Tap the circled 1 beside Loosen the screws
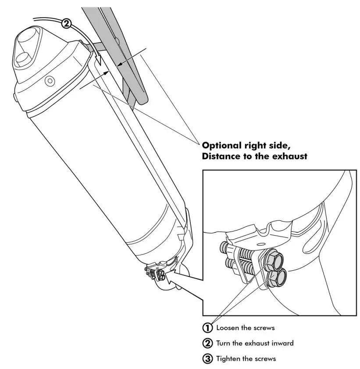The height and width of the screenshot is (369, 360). [x=207, y=327]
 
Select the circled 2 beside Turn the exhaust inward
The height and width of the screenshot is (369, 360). [x=207, y=343]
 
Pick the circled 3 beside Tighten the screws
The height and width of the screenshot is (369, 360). [x=207, y=358]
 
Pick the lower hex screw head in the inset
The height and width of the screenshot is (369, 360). [x=278, y=277]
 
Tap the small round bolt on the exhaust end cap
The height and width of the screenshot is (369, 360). [x=49, y=81]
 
